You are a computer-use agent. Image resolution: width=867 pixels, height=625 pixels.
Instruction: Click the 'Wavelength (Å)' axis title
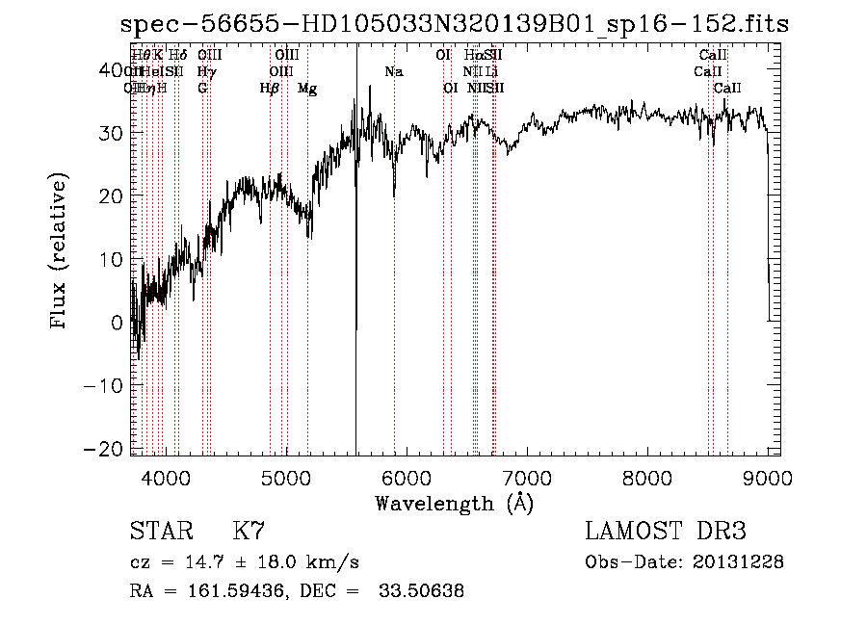(454, 503)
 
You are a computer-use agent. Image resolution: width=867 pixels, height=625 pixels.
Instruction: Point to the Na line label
(394, 72)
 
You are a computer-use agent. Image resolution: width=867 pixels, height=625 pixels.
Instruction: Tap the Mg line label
(307, 89)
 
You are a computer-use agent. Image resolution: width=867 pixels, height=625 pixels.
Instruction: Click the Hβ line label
(269, 89)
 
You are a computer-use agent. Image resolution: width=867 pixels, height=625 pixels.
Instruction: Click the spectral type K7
(248, 533)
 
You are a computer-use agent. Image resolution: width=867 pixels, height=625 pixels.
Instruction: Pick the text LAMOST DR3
(665, 532)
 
